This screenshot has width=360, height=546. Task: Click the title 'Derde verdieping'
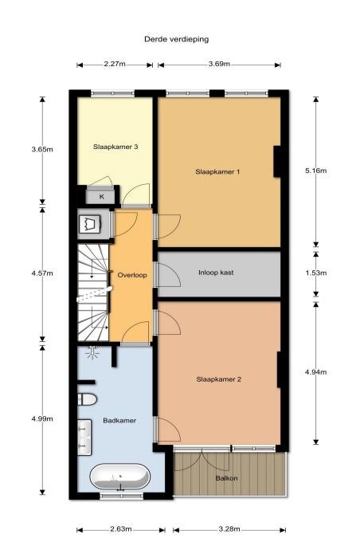[176, 39]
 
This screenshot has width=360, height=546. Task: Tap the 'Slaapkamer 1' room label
[217, 171]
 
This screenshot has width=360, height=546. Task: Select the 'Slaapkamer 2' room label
[219, 379]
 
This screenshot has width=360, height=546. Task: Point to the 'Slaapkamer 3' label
[115, 147]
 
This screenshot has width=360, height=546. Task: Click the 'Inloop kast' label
[216, 273]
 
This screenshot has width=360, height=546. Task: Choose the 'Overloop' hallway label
[132, 275]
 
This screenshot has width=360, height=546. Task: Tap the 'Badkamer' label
[119, 421]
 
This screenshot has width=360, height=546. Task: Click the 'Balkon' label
[227, 478]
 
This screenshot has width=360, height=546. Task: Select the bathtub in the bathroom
[120, 477]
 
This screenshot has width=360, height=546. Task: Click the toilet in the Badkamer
[87, 399]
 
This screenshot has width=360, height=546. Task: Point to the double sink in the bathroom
[84, 437]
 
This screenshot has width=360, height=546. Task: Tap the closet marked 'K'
[102, 196]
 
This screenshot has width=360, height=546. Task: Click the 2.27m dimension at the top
[115, 64]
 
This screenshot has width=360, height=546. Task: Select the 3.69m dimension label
[219, 64]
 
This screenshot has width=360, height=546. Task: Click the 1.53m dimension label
[316, 273]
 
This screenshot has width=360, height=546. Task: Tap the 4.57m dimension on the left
[42, 273]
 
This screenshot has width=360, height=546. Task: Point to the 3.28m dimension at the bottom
[229, 529]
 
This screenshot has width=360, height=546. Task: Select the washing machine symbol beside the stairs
[90, 224]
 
